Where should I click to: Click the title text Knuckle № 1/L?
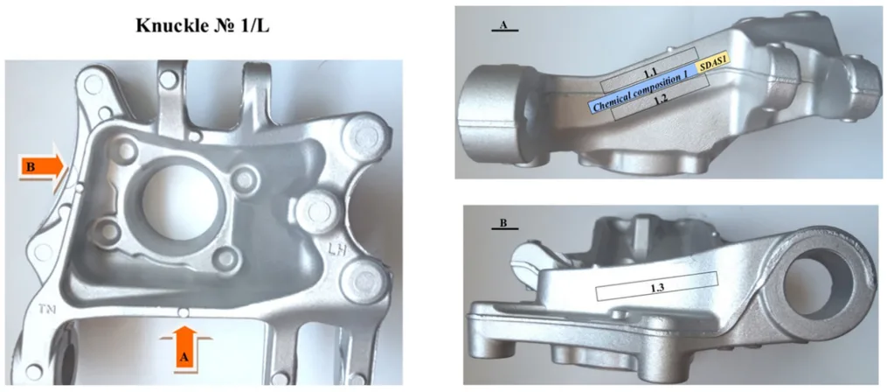tap(203, 26)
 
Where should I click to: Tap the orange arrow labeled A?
tap(185, 347)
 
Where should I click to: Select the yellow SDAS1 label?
tap(712, 66)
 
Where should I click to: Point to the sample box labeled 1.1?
tap(649, 71)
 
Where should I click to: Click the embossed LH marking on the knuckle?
tap(339, 248)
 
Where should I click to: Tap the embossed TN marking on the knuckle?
tap(47, 310)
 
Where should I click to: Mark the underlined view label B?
tap(504, 225)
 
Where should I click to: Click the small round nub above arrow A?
tap(182, 312)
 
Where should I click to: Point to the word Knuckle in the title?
tap(170, 26)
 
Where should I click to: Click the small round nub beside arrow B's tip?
tap(80, 186)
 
